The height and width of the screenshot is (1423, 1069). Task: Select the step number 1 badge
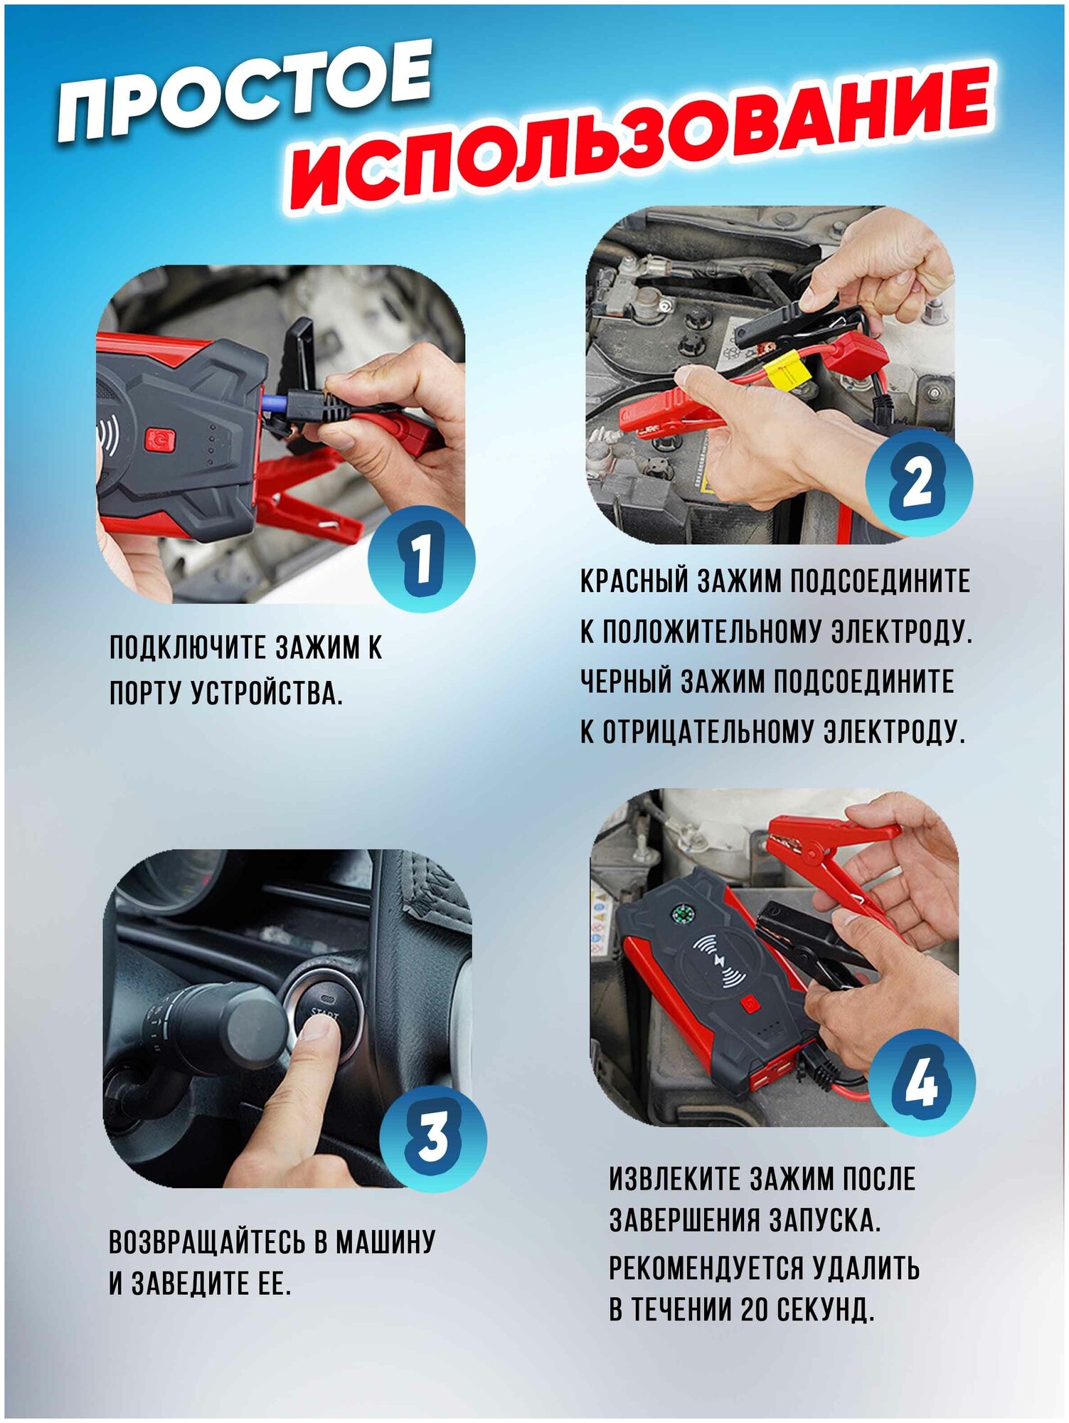coord(422,559)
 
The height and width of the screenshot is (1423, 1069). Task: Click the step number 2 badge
coord(919,482)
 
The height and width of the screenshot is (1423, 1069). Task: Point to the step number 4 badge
coord(922,1083)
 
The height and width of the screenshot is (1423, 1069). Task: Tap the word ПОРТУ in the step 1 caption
coord(145,693)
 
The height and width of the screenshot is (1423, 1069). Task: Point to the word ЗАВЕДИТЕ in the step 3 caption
coord(185,1284)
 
